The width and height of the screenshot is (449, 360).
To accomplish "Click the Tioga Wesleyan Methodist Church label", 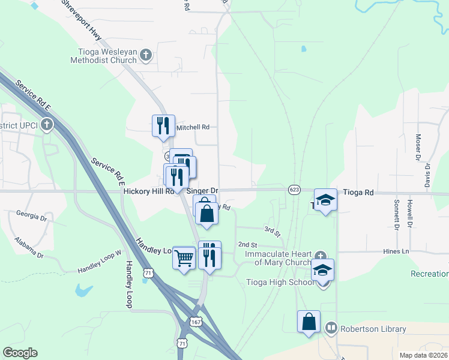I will pyautogui.click(x=103, y=56).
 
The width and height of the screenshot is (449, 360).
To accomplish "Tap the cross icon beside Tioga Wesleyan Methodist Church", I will pyautogui.click(x=145, y=56).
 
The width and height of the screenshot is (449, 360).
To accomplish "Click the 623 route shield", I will pyautogui.click(x=294, y=189).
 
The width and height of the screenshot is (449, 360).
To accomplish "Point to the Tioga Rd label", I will pyautogui.click(x=358, y=193).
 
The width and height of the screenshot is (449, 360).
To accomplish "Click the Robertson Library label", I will pyautogui.click(x=373, y=329).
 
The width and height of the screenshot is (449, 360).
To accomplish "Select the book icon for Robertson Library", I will pyautogui.click(x=330, y=328).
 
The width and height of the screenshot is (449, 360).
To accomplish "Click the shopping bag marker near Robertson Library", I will pyautogui.click(x=309, y=321).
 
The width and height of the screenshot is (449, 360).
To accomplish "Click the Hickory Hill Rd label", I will pyautogui.click(x=148, y=191).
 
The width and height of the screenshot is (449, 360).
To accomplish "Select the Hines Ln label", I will pyautogui.click(x=395, y=251).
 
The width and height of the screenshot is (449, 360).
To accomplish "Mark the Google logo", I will pyautogui.click(x=20, y=353).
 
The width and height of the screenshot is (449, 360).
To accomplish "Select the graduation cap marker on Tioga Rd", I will pyautogui.click(x=325, y=200).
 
